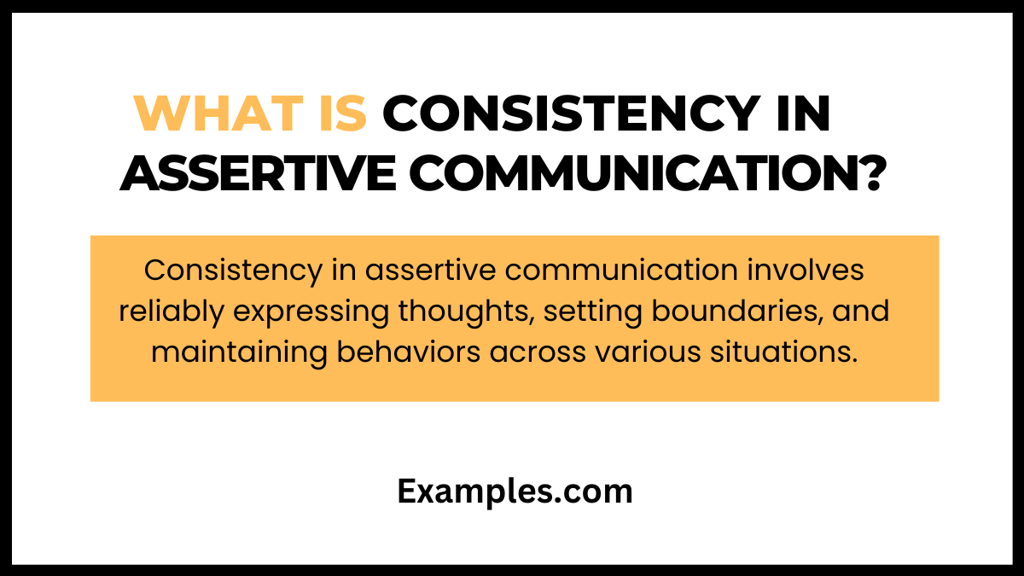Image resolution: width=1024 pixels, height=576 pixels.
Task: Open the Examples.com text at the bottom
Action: click(x=515, y=492)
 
